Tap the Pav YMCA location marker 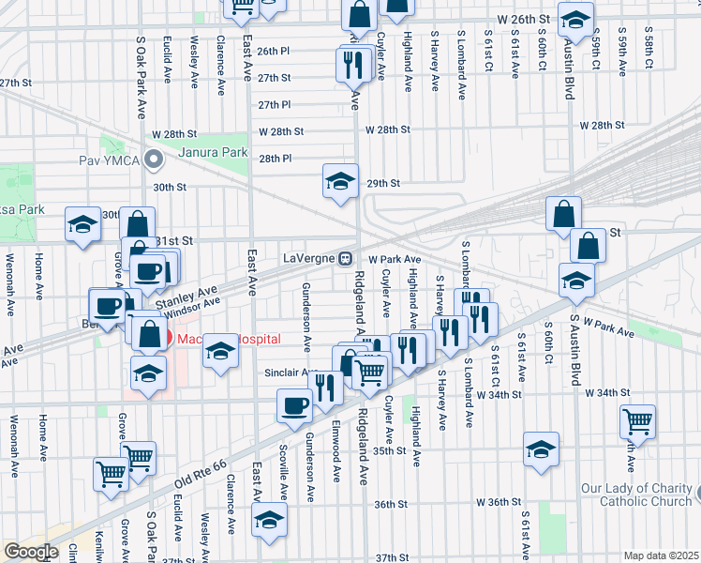pos(158,161)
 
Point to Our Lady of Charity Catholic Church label pos(635,495)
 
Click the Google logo pos(31,552)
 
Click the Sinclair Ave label pos(288,373)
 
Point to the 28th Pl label pos(276,159)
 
